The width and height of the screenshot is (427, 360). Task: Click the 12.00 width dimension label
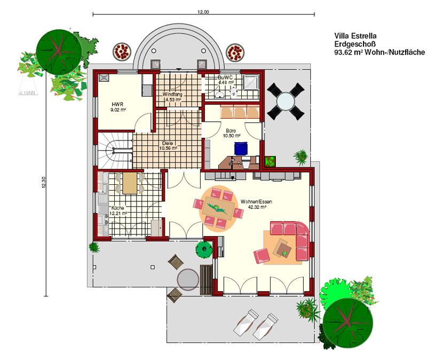[203, 12]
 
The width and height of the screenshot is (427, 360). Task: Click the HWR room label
[117, 104]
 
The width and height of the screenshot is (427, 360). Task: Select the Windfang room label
[172, 95]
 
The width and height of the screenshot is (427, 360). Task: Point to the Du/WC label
[225, 77]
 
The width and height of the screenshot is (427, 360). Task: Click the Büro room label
[231, 130]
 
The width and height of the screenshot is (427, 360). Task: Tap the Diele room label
[168, 143]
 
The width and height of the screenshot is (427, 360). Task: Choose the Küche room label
[117, 208]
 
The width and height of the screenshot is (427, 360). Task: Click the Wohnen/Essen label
[256, 202]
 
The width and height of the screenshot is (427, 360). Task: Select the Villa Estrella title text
[355, 36]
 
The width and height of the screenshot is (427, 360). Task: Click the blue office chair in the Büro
[241, 148]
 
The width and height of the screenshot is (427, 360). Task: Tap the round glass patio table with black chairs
[286, 101]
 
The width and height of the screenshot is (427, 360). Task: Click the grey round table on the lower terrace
[188, 279]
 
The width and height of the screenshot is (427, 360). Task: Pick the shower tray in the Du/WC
[250, 82]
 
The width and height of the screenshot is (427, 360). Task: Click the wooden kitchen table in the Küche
[130, 183]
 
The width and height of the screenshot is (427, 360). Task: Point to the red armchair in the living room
[262, 256]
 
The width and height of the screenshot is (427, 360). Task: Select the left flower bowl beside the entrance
[122, 51]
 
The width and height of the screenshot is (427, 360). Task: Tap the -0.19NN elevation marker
[28, 93]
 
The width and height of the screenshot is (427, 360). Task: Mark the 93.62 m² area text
[379, 52]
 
